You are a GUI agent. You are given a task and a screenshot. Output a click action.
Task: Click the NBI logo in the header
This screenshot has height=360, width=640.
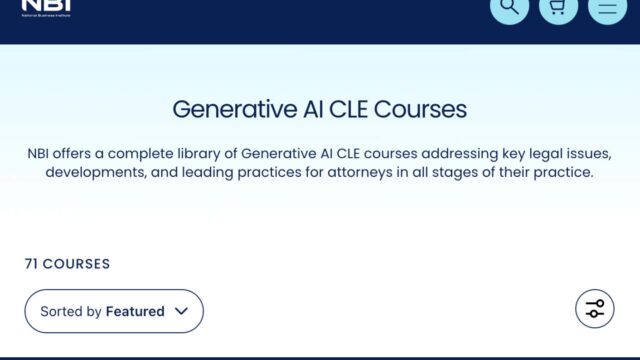(46, 7)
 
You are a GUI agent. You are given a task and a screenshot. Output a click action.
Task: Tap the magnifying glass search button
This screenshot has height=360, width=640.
(509, 8)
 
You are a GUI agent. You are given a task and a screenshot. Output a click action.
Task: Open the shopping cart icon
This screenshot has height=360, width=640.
(558, 8)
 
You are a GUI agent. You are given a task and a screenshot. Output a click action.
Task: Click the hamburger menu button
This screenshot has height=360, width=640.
(607, 8)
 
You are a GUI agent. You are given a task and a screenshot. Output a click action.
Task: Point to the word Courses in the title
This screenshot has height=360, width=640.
(420, 108)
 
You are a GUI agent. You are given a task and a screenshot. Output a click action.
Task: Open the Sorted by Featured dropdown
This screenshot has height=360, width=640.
(114, 311)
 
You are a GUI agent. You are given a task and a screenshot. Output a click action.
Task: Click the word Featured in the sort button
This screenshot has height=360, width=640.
(135, 311)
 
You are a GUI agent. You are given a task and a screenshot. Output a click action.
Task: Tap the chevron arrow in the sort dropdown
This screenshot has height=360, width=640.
(181, 311)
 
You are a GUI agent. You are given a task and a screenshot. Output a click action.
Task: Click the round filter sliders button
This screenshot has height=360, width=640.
(595, 308)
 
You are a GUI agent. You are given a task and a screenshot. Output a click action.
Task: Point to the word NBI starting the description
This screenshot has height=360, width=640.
(43, 154)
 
